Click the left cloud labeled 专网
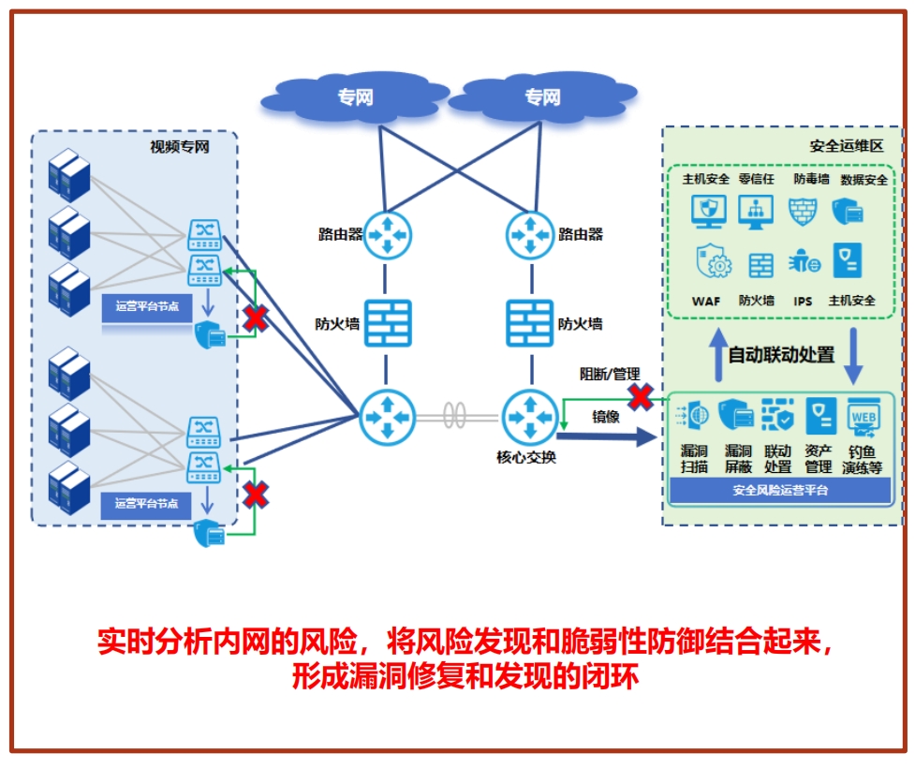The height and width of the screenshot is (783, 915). (355, 97)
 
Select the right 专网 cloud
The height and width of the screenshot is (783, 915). (541, 97)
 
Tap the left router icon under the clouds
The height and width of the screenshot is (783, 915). (387, 234)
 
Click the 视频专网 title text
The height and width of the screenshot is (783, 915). (179, 147)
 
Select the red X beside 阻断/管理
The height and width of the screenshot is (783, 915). (640, 397)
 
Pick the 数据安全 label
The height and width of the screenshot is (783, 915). (863, 179)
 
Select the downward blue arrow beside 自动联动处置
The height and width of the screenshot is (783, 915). (854, 355)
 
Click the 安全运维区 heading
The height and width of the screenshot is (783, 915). (846, 147)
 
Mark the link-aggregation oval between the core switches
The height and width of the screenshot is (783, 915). (456, 415)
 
